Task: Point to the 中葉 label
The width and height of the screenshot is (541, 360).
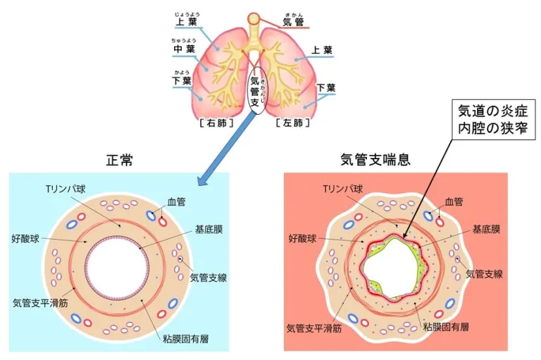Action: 183,50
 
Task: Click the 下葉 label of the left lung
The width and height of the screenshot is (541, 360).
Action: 326,88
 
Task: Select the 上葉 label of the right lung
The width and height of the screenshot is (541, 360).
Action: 185,22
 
